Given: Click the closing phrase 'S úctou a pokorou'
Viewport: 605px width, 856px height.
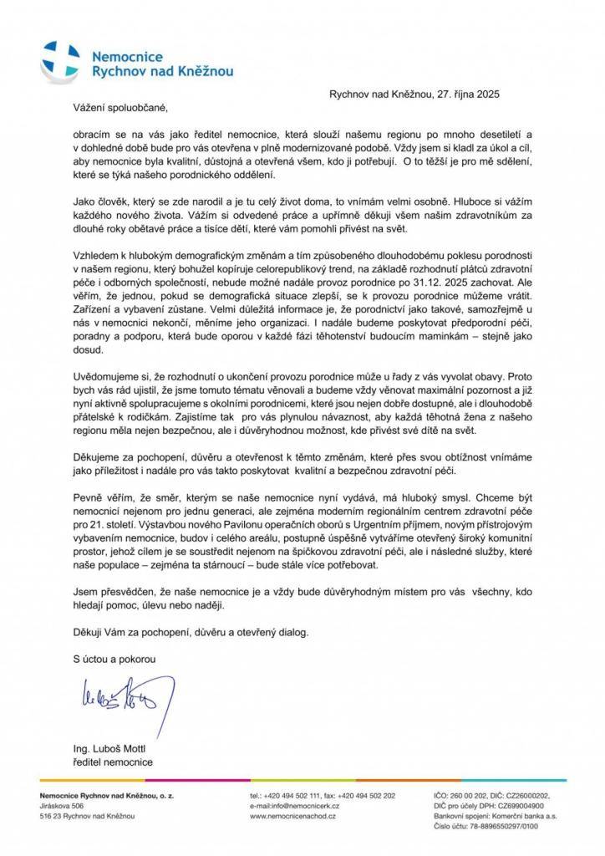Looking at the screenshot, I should [111, 658].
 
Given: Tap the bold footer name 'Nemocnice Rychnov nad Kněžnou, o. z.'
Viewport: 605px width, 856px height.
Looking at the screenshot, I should [107, 795].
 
